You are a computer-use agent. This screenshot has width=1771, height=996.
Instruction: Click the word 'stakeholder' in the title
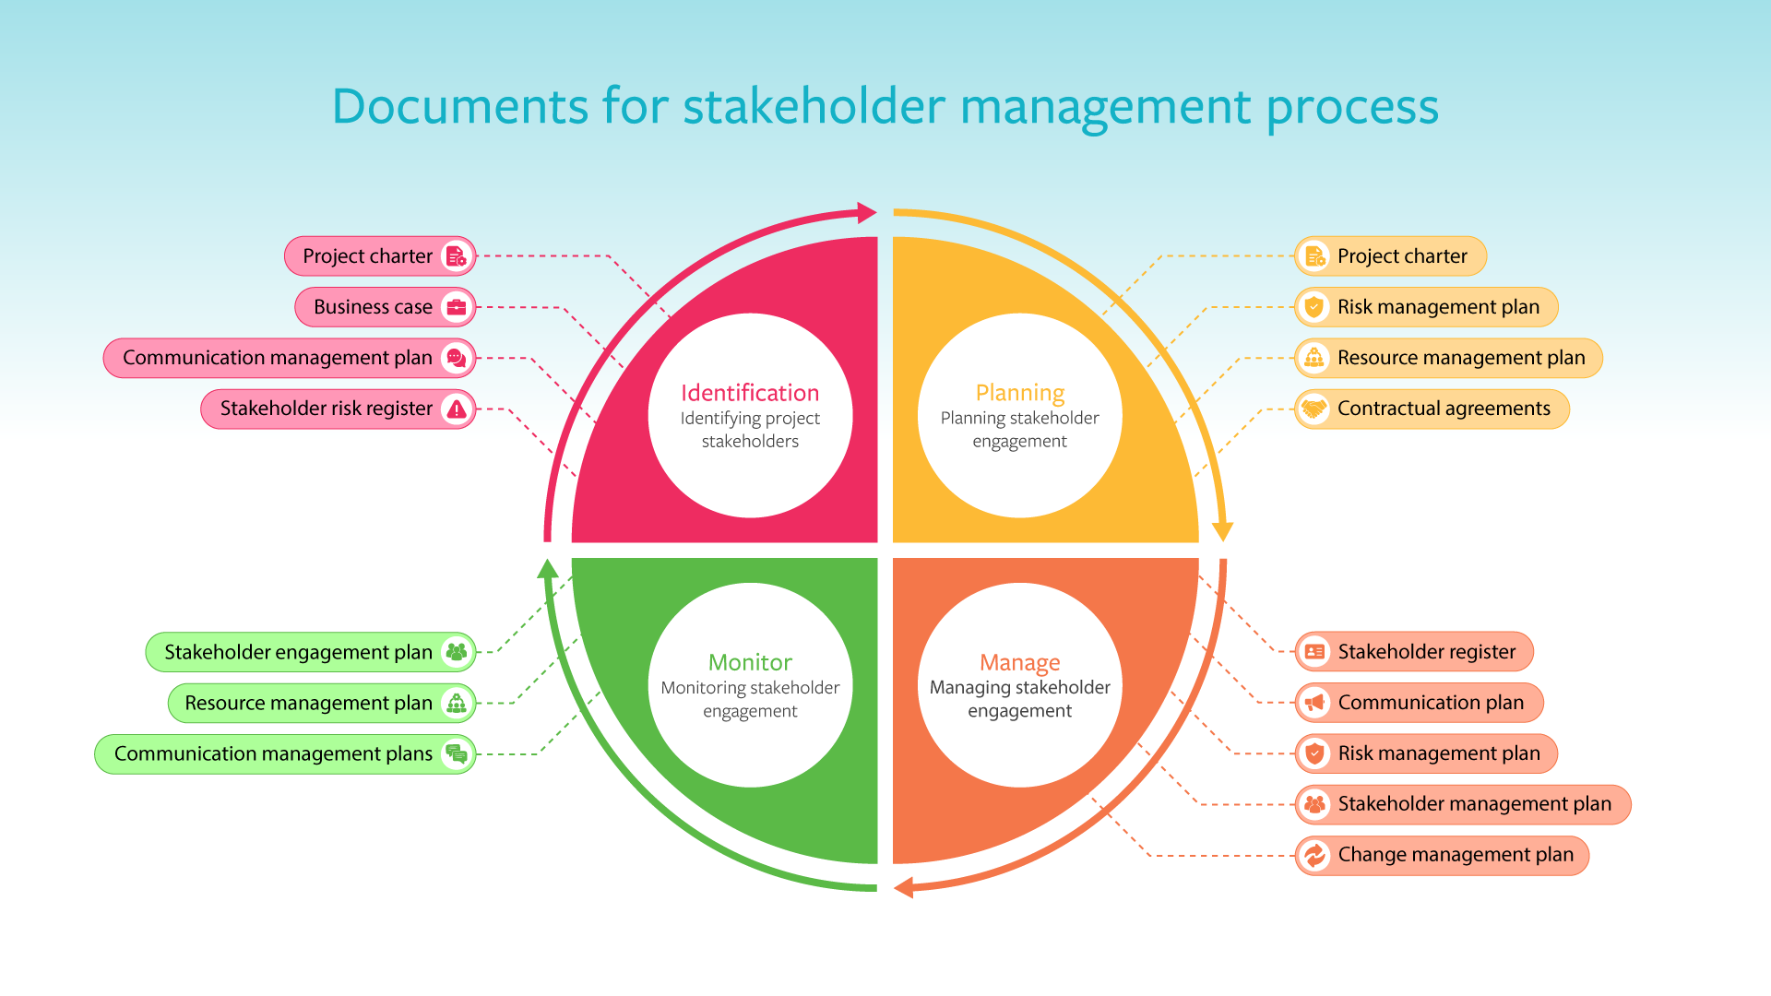click(x=814, y=106)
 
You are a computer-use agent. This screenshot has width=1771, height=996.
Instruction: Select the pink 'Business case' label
click(x=373, y=307)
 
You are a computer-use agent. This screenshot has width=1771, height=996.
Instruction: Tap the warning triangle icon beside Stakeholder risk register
click(x=457, y=409)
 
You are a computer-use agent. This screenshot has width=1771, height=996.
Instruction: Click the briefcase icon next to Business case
click(x=457, y=307)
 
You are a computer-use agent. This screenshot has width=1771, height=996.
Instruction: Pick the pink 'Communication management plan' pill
click(x=278, y=358)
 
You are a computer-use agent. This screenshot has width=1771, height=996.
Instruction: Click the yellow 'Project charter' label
click(x=1402, y=256)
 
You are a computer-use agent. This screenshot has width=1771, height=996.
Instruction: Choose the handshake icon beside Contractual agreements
click(x=1314, y=409)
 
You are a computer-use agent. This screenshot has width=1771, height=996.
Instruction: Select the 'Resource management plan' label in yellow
click(x=1461, y=358)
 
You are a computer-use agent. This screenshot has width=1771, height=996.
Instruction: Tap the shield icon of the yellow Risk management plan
click(x=1314, y=307)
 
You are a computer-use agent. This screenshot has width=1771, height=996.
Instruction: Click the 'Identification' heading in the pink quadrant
click(x=750, y=393)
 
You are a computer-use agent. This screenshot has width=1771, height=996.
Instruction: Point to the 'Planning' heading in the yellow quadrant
click(x=1020, y=393)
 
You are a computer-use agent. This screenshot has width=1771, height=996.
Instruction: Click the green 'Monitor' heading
click(x=750, y=662)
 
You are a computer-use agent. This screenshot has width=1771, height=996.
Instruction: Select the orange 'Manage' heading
click(x=1020, y=662)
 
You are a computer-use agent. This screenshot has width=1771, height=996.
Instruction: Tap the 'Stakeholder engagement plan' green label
click(x=298, y=652)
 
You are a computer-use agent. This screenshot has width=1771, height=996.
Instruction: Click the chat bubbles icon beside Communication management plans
click(x=457, y=753)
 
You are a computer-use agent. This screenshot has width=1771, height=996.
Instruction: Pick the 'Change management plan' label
click(x=1456, y=855)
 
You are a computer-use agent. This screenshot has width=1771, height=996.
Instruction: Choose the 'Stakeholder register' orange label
click(x=1426, y=652)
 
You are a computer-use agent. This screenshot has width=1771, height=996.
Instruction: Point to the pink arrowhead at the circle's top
click(x=866, y=213)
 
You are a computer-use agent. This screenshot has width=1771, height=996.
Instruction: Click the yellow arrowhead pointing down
click(x=1223, y=531)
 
